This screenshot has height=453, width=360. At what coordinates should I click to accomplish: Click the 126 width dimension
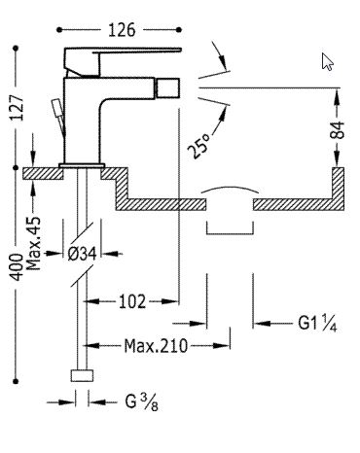coord(122,30)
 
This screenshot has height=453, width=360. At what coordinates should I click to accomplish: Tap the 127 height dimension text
coord(17,108)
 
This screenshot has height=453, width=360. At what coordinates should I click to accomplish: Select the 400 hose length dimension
coord(17,267)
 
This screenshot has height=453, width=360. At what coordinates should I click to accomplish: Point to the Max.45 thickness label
coord(34,243)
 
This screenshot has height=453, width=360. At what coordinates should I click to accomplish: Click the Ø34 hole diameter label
coord(82,254)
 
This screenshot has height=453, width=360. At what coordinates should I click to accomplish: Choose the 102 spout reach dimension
coord(132,301)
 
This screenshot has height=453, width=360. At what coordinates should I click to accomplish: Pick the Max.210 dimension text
coord(156,346)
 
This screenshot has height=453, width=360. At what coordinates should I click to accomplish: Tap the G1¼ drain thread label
coord(317,323)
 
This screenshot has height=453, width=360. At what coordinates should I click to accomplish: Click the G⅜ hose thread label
coord(142,402)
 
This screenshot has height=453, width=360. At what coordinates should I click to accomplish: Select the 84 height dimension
coord(338,129)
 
